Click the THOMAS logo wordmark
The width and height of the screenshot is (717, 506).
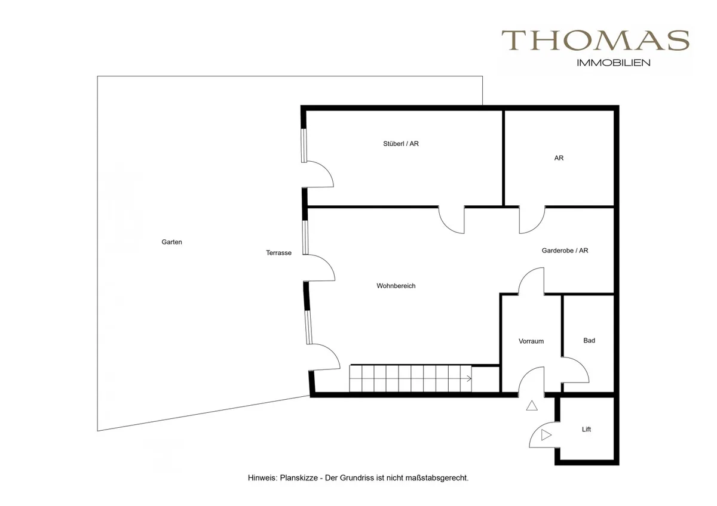pos(595,41)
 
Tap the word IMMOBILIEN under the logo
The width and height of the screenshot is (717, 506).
pos(613,63)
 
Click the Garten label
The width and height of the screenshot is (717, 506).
pos(171,242)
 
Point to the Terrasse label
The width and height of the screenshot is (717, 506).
pos(278,253)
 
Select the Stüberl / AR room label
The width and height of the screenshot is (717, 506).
pos(401,144)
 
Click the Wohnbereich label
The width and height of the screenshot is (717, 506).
pos(396,286)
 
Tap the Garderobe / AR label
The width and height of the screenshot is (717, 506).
pos(565,251)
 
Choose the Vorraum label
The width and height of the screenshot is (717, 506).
pos(531,341)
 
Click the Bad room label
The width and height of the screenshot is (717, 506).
pos(589,341)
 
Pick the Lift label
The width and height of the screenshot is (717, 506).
pos(586,429)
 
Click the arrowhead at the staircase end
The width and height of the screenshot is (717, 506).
pos(469,379)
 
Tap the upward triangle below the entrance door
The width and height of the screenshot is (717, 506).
pos(532,406)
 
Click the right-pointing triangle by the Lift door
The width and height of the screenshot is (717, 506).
pos(546,435)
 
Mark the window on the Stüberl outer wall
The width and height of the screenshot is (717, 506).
pos(304,146)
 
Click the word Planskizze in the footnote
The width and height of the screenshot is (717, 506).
pos(299,478)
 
